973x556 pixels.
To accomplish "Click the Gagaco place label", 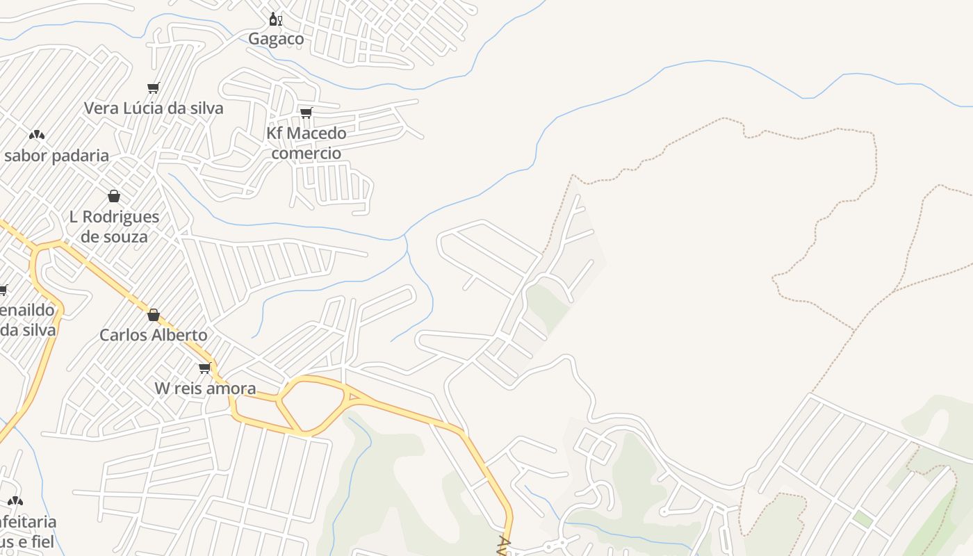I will pyautogui.click(x=276, y=39).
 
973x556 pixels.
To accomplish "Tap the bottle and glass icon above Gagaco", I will pyautogui.click(x=275, y=19).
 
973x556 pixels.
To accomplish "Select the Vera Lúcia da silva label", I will pyautogui.click(x=154, y=108).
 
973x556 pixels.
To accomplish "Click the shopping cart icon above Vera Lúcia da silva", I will pyautogui.click(x=154, y=88).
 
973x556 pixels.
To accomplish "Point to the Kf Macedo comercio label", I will pyautogui.click(x=306, y=142).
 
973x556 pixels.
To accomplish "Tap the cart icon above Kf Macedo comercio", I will pyautogui.click(x=306, y=113).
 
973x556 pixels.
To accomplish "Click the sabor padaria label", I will pyautogui.click(x=56, y=156).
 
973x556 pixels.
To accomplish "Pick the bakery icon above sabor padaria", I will pyautogui.click(x=36, y=134).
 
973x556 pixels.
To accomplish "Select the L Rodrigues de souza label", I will pyautogui.click(x=114, y=227).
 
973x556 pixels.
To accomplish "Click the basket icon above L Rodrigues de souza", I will pyautogui.click(x=114, y=196).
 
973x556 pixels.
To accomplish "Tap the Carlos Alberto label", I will pyautogui.click(x=153, y=335).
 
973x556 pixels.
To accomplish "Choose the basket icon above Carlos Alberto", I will pyautogui.click(x=154, y=315).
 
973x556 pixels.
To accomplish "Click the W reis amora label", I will pyautogui.click(x=205, y=389).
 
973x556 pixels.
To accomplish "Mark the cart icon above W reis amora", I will pyautogui.click(x=204, y=368).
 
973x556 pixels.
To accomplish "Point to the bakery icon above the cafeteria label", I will pyautogui.click(x=15, y=500).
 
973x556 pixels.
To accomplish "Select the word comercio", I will pyautogui.click(x=306, y=153).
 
